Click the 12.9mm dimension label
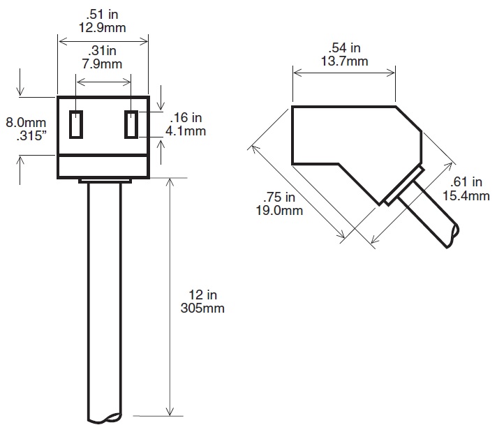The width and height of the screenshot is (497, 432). (x=102, y=28)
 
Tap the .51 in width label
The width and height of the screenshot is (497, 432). (x=102, y=14)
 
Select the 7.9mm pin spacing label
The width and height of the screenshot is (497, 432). (x=102, y=64)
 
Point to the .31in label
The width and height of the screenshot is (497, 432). (x=102, y=51)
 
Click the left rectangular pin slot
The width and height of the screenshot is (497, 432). (x=76, y=124)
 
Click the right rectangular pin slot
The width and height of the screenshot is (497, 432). (x=131, y=124)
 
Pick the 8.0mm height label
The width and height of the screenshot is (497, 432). (x=26, y=122)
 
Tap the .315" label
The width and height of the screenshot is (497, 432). (x=31, y=135)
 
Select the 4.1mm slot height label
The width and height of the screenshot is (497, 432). (x=186, y=131)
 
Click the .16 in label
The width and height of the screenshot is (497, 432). (x=186, y=117)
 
